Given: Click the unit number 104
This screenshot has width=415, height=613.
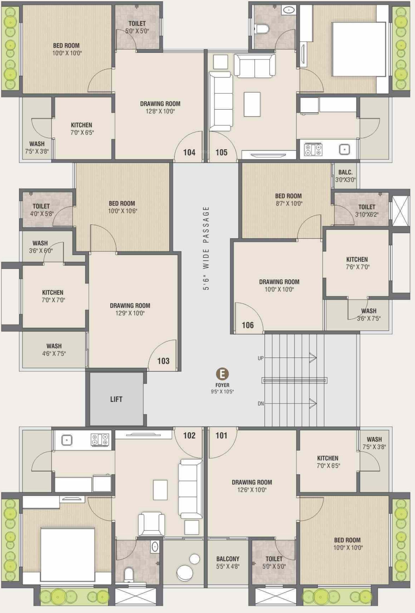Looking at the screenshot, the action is click(189, 152).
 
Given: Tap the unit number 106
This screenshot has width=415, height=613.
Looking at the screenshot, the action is click(248, 325).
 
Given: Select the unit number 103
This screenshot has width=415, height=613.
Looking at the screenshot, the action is click(163, 361).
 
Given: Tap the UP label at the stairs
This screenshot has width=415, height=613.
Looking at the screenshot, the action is click(261, 358).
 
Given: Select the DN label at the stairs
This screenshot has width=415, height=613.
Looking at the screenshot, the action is click(261, 403).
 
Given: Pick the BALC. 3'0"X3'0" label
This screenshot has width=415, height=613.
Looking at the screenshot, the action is click(346, 176).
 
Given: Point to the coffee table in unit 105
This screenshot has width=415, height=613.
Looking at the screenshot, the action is click(252, 104).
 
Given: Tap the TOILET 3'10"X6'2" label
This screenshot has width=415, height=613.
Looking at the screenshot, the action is click(367, 211).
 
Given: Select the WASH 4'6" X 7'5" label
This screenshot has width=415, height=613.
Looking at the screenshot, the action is click(54, 350).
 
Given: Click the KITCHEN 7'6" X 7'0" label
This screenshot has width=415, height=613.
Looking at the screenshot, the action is click(357, 263).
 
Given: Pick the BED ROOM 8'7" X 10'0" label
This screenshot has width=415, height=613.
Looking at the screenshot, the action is click(289, 199).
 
